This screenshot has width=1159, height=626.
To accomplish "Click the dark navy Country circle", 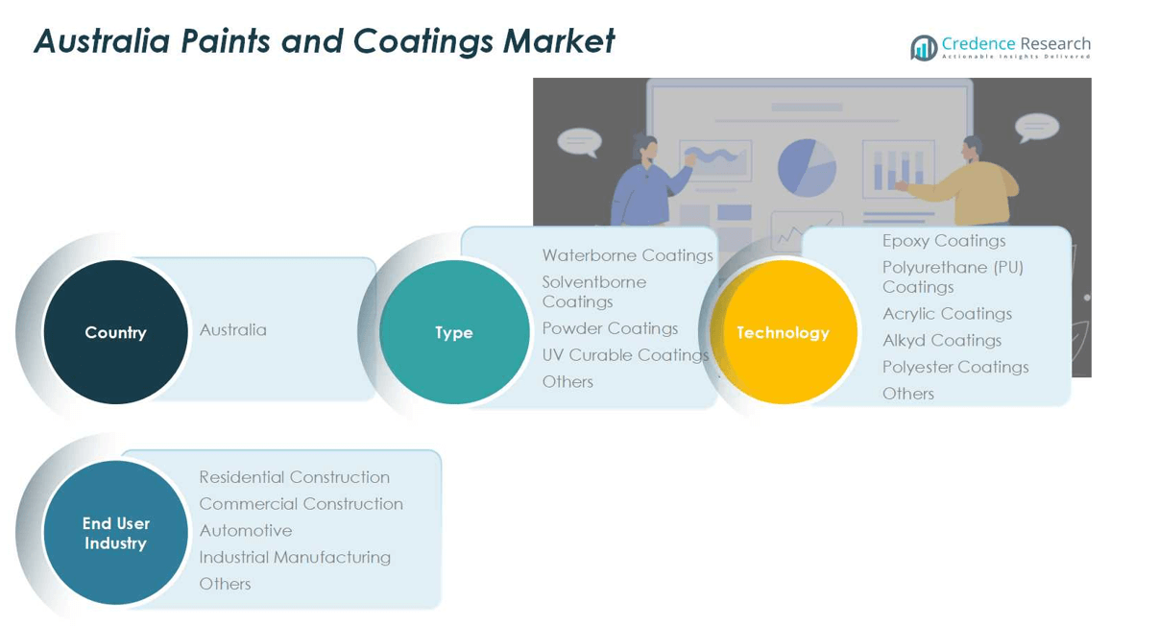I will [115, 332].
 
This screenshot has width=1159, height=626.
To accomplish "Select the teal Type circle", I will [454, 332].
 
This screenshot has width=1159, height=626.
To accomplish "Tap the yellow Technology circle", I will [784, 332].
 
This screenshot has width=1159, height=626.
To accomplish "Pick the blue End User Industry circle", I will [115, 533].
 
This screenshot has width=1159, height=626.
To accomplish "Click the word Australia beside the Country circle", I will [233, 330].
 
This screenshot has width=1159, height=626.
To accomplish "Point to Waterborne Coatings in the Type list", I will [627, 255].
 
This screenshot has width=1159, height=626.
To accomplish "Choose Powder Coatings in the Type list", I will [610, 328].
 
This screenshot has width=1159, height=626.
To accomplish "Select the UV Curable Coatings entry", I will [625, 355].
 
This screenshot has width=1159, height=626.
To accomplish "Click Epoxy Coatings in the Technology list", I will [944, 241].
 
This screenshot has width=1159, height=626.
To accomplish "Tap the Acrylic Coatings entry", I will [947, 314].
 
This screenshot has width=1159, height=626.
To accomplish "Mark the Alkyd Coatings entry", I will [942, 341].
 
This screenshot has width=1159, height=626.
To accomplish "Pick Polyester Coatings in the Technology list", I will [955, 367].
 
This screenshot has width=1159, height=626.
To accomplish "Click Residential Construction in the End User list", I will [294, 477].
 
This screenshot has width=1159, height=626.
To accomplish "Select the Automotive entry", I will [246, 531].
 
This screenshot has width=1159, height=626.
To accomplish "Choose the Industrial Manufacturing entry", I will [295, 557].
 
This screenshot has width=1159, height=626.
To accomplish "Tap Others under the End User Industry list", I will [225, 584].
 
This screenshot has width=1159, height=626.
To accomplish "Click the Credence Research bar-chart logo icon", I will [924, 48].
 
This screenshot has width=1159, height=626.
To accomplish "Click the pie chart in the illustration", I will [807, 167].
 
